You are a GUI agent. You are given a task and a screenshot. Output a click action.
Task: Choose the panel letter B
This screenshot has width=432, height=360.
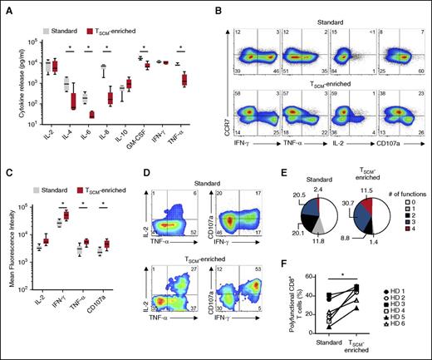(219, 9)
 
